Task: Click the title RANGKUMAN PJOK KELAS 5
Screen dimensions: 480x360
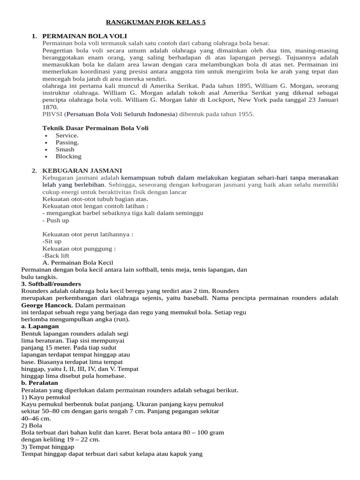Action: click(156, 22)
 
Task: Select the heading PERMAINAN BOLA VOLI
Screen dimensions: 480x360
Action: click(84, 36)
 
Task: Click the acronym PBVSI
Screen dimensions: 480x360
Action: click(52, 114)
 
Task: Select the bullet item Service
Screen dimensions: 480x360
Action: click(67, 135)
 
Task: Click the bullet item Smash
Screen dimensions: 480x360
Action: click(65, 149)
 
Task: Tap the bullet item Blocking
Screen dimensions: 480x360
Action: click(68, 156)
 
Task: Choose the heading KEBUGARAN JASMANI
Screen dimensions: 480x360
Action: click(82, 170)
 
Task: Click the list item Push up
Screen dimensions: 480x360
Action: click(56, 220)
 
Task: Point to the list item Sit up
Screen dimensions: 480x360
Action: click(52, 241)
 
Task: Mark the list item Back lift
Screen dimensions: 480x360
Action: click(56, 255)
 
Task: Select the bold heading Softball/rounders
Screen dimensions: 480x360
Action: click(51, 284)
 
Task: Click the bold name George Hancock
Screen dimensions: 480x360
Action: click(45, 305)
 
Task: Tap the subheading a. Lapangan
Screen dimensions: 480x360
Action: click(40, 326)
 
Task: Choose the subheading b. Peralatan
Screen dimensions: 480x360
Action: click(40, 383)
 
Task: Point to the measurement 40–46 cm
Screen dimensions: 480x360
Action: click(36, 418)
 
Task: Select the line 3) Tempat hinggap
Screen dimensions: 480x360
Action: click(48, 447)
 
